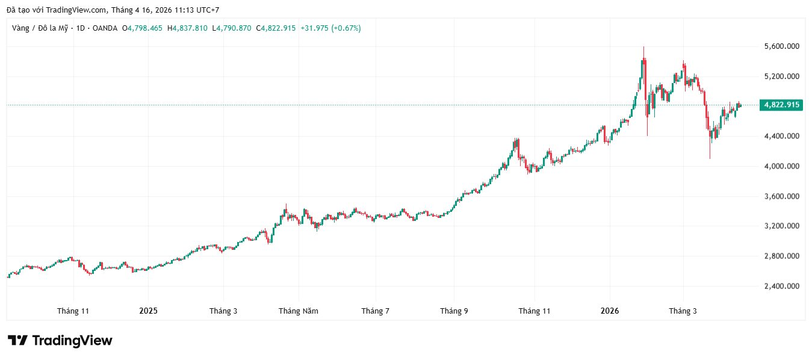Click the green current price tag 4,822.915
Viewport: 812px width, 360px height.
781,105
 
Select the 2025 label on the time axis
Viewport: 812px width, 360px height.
148,311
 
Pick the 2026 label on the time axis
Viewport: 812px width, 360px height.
610,311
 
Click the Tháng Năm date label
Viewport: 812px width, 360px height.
299,311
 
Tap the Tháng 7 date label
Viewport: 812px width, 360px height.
375,311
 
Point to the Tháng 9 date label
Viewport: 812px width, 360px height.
454,311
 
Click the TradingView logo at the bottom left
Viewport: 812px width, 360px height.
60,341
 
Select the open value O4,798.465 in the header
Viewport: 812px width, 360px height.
143,28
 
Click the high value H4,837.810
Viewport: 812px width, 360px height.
187,28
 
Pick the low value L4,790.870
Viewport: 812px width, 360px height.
232,28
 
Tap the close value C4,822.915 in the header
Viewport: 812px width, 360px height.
276,28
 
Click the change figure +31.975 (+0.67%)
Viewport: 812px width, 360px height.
330,28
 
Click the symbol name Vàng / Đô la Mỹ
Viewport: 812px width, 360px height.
40,28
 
